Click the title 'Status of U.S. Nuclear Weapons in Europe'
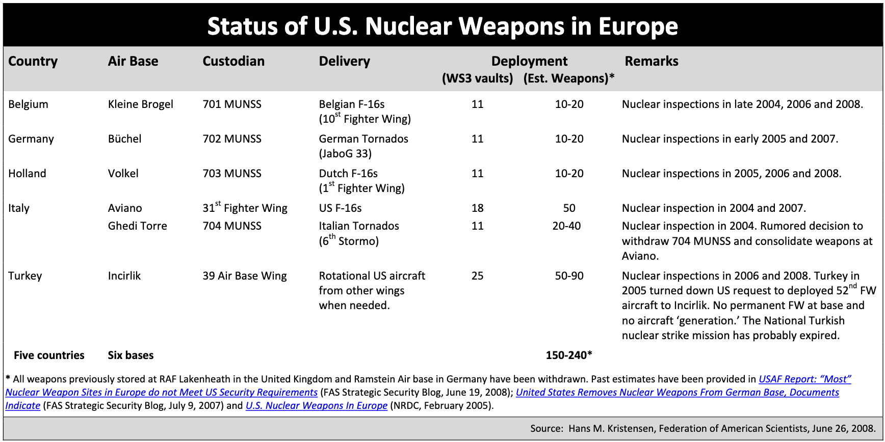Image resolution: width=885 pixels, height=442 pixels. (443, 26)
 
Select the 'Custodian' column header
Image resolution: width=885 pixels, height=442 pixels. (233, 61)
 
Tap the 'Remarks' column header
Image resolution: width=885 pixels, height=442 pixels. (651, 61)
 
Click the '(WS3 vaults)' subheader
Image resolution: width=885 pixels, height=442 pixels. (477, 78)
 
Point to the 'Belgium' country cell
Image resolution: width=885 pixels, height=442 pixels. (28, 104)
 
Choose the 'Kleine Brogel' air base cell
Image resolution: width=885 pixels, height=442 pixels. (140, 104)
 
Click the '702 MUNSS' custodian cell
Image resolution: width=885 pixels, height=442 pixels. (232, 139)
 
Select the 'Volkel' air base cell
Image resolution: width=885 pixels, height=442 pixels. (123, 174)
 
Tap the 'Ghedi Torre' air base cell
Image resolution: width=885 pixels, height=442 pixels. (137, 226)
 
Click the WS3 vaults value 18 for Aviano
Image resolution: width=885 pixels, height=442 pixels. (477, 208)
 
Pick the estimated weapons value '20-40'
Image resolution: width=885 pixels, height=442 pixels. (566, 226)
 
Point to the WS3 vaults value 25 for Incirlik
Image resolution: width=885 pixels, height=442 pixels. (477, 276)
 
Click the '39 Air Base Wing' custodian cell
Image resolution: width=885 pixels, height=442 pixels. (245, 276)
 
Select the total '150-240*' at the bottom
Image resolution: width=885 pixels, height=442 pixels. (568, 355)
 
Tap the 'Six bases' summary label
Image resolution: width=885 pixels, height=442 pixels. (131, 355)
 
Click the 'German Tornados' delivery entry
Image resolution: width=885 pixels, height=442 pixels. (363, 139)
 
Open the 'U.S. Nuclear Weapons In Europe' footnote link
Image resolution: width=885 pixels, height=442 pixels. (316, 406)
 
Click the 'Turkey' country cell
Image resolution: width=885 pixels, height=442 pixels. (25, 276)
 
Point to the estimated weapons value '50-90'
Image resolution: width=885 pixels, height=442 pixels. (569, 276)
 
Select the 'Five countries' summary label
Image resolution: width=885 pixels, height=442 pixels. (49, 355)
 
